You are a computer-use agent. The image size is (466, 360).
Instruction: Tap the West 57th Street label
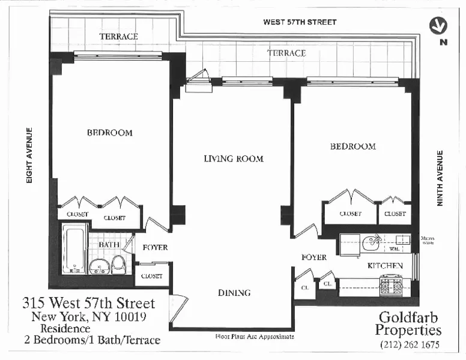[300, 22]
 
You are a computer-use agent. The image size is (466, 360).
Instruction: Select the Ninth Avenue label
[440, 178]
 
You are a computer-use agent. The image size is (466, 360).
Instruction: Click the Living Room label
[234, 159]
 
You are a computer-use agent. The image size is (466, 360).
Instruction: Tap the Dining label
[234, 293]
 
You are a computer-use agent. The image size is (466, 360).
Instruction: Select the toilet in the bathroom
[118, 263]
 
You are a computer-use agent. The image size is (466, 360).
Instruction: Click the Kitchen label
[384, 265]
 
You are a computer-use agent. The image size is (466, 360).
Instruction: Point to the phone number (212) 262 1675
[410, 345]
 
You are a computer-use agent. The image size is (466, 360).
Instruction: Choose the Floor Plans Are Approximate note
[255, 337]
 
